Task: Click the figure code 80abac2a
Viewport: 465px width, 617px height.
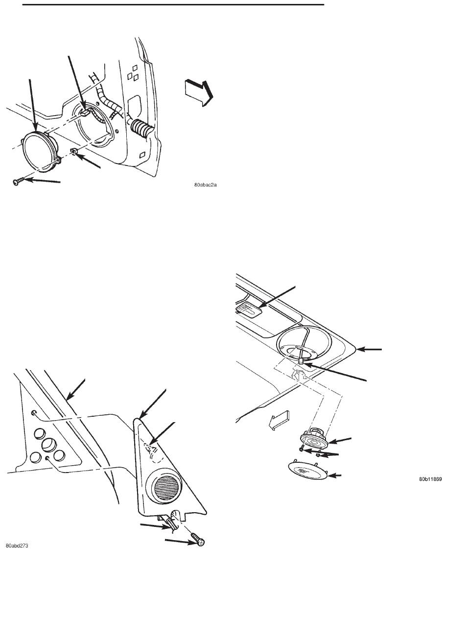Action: tap(206, 185)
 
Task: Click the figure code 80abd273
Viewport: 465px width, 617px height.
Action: tap(17, 546)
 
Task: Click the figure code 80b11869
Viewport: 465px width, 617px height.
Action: tap(430, 479)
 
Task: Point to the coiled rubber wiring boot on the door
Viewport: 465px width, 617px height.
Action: tap(142, 128)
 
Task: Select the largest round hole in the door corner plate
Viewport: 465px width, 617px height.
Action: tap(49, 445)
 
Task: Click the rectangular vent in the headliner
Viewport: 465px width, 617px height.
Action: tap(249, 308)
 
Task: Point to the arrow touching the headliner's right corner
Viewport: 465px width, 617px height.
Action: tap(369, 350)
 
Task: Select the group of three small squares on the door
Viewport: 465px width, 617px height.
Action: tap(133, 73)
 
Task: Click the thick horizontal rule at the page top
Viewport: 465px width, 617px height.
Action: tap(173, 4)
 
